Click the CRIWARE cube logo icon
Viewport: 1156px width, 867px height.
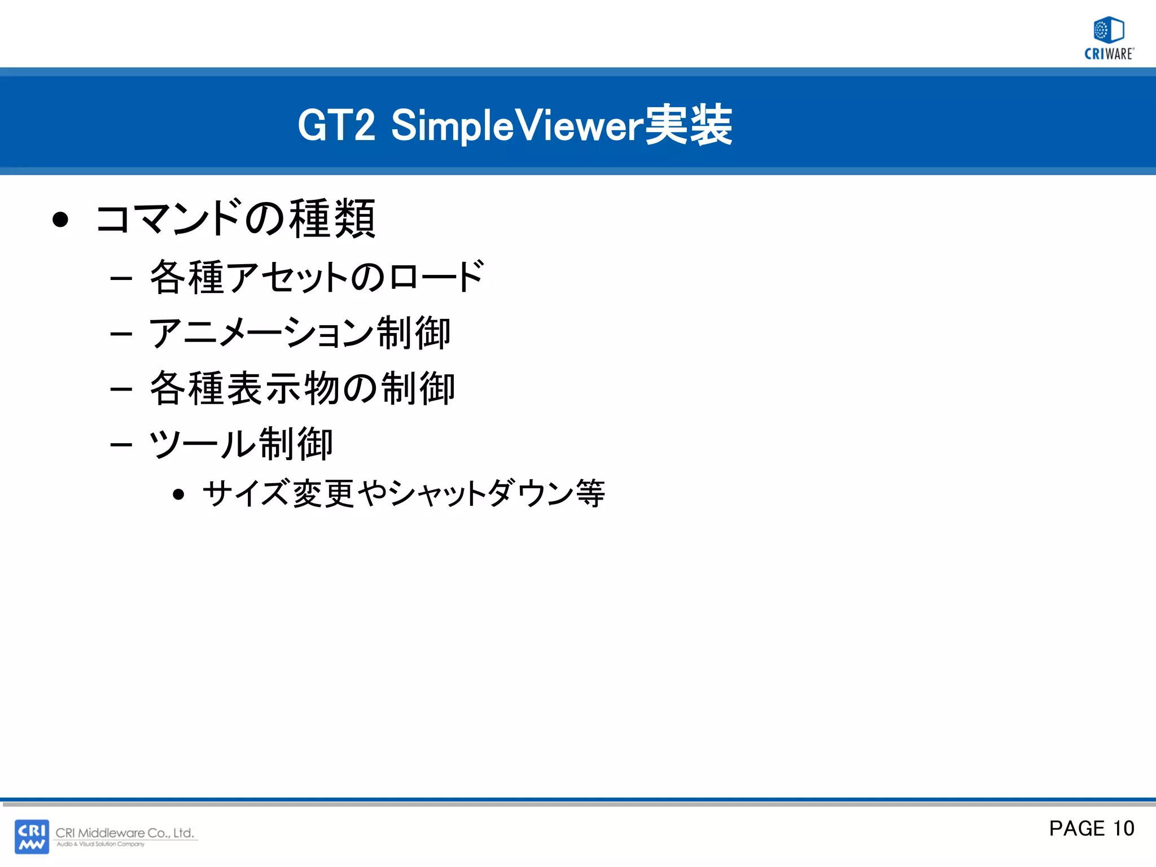tap(1109, 30)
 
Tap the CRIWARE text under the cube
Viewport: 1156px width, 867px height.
tap(1109, 54)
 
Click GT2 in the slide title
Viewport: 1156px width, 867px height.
tap(336, 125)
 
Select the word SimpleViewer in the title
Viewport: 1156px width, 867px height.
tap(517, 125)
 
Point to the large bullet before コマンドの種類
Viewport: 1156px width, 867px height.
tap(60, 220)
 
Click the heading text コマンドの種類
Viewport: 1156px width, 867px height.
tap(235, 218)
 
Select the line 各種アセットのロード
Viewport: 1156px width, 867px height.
tap(316, 277)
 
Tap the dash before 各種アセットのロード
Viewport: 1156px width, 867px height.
tap(121, 278)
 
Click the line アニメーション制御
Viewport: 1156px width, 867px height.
tap(299, 332)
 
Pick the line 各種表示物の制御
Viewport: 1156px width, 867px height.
tap(302, 388)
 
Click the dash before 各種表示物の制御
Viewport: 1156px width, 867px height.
tap(121, 389)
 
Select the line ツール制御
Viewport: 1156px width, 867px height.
tap(240, 444)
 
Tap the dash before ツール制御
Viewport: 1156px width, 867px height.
tap(121, 445)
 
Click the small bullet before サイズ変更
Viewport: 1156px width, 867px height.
tap(179, 495)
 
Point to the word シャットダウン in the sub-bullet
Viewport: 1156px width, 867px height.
tap(480, 493)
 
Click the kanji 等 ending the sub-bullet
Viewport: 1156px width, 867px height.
tap(590, 493)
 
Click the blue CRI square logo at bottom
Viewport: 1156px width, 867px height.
tap(32, 837)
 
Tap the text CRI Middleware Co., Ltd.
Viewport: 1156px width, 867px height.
tap(125, 833)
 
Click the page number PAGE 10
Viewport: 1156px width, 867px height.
tap(1091, 829)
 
